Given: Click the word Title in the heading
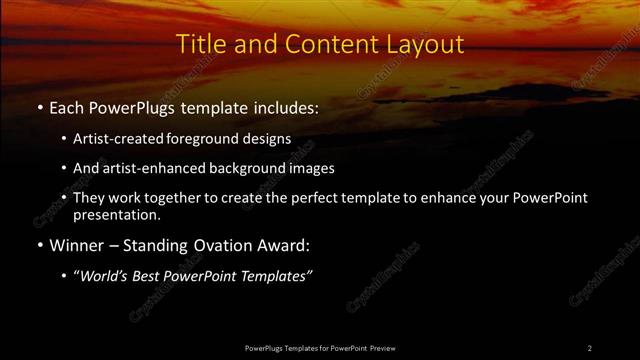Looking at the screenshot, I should pos(200,45).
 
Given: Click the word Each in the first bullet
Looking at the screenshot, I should pos(66,107).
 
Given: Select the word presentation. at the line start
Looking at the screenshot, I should pos(116,214).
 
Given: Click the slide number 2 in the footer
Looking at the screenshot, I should pos(590,347).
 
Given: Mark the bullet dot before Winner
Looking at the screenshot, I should pos(39,246).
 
